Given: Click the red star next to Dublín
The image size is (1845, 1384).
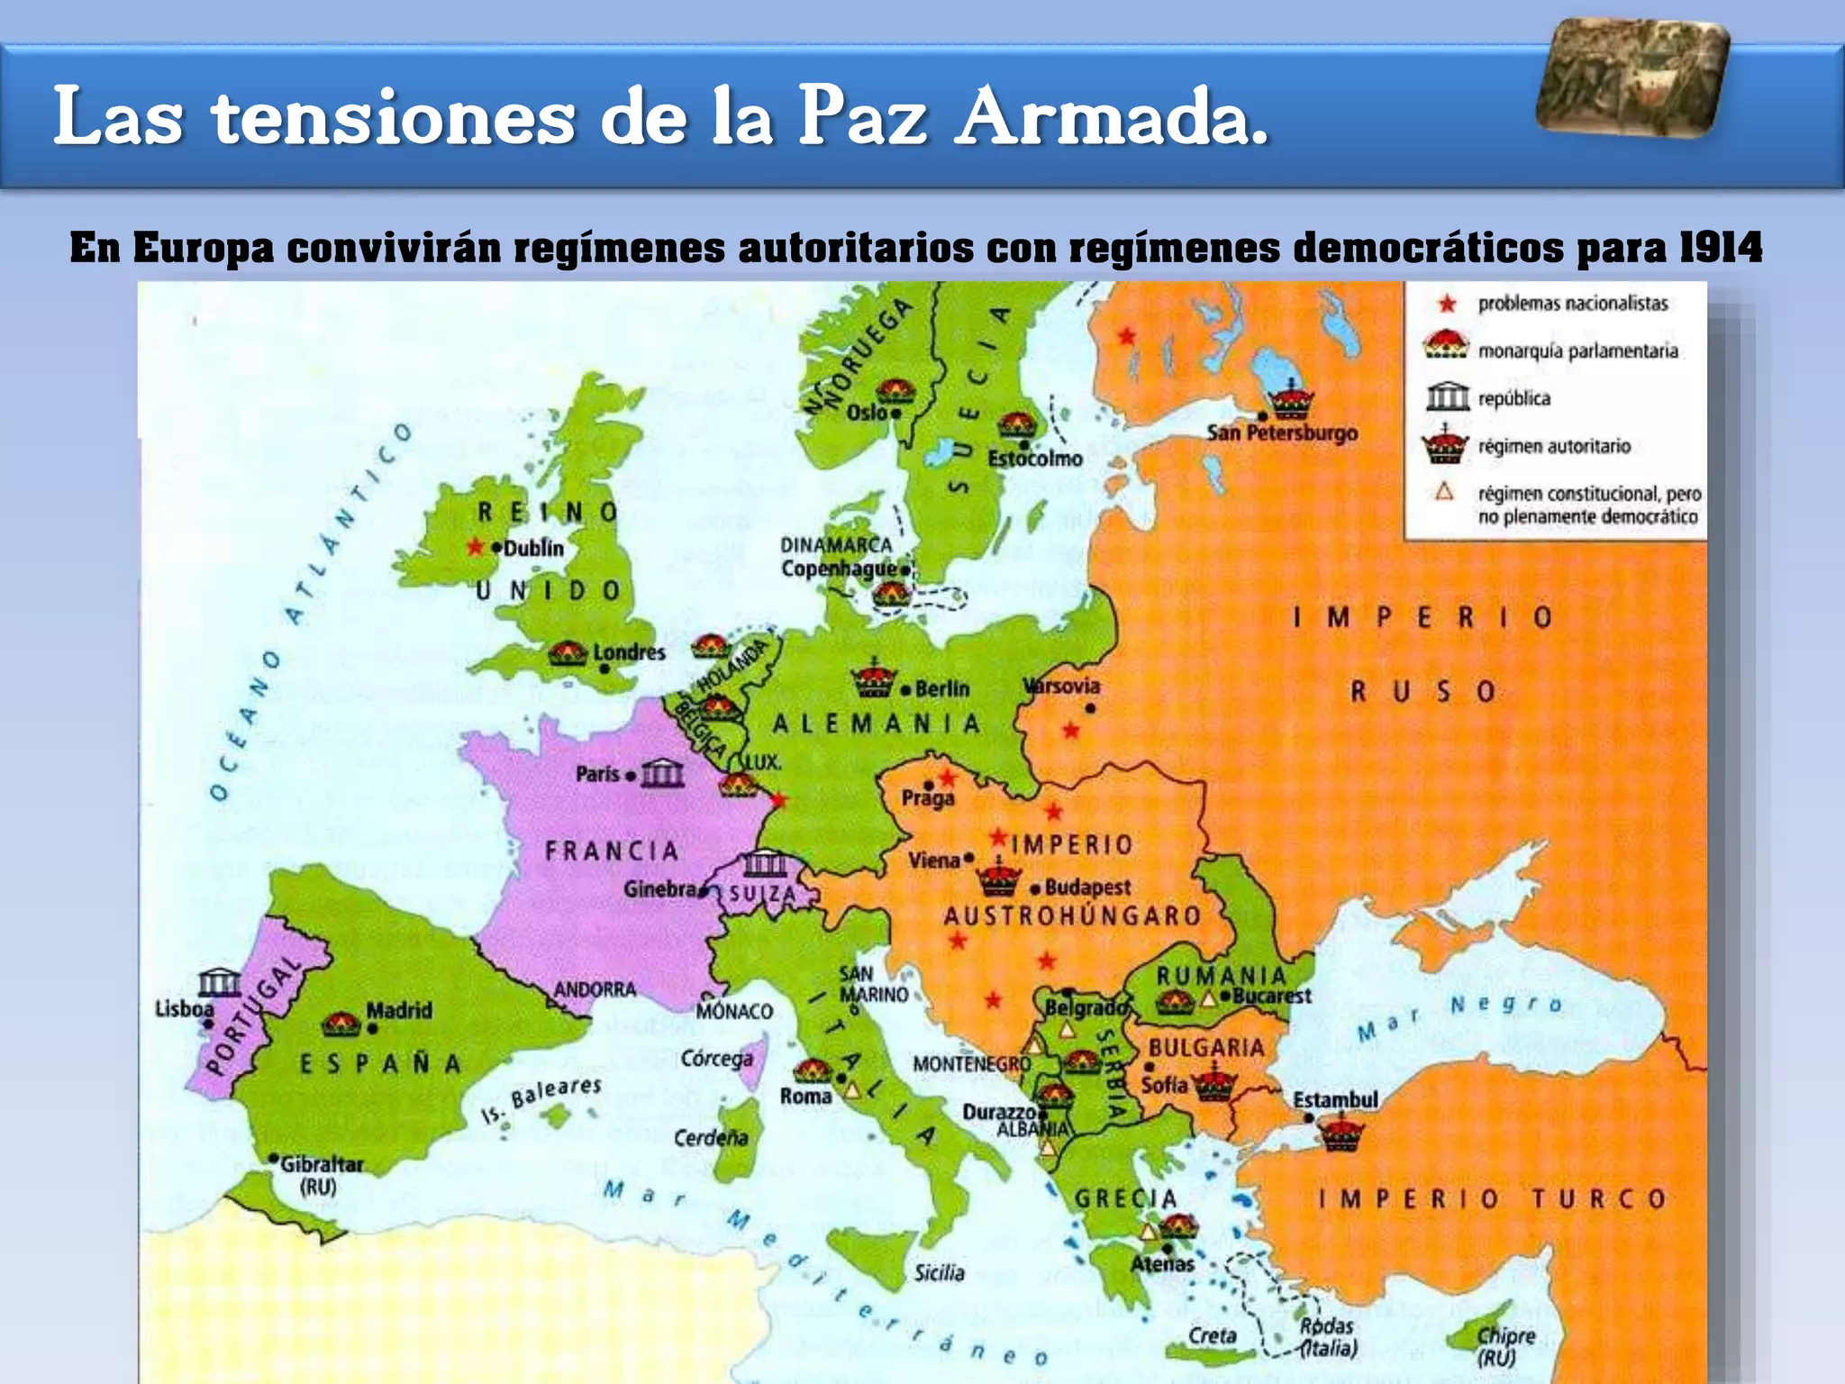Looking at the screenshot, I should click(x=475, y=547).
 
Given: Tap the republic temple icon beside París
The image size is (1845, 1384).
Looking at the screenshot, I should click(x=662, y=773).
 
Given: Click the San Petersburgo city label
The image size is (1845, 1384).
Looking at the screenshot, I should click(x=1282, y=433).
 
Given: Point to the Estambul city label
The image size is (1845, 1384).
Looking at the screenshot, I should click(x=1335, y=1100).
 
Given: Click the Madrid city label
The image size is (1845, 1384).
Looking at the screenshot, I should click(x=399, y=1010).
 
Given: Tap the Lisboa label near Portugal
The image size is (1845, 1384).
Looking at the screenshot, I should click(x=184, y=1008).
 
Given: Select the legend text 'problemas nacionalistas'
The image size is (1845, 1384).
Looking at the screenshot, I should click(x=1573, y=304).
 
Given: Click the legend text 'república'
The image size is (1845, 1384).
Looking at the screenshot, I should click(x=1513, y=398).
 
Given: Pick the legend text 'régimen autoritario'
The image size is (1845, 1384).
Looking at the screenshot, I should click(x=1554, y=446).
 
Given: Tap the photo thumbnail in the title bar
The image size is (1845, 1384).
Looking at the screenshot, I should click(x=1632, y=78).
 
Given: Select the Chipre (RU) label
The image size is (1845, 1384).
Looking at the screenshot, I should click(x=1505, y=1346).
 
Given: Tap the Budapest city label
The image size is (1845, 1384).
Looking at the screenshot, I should click(x=1087, y=888).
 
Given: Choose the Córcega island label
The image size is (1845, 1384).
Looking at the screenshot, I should click(x=716, y=1058).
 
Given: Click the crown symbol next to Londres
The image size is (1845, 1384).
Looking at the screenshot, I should click(x=568, y=652).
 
